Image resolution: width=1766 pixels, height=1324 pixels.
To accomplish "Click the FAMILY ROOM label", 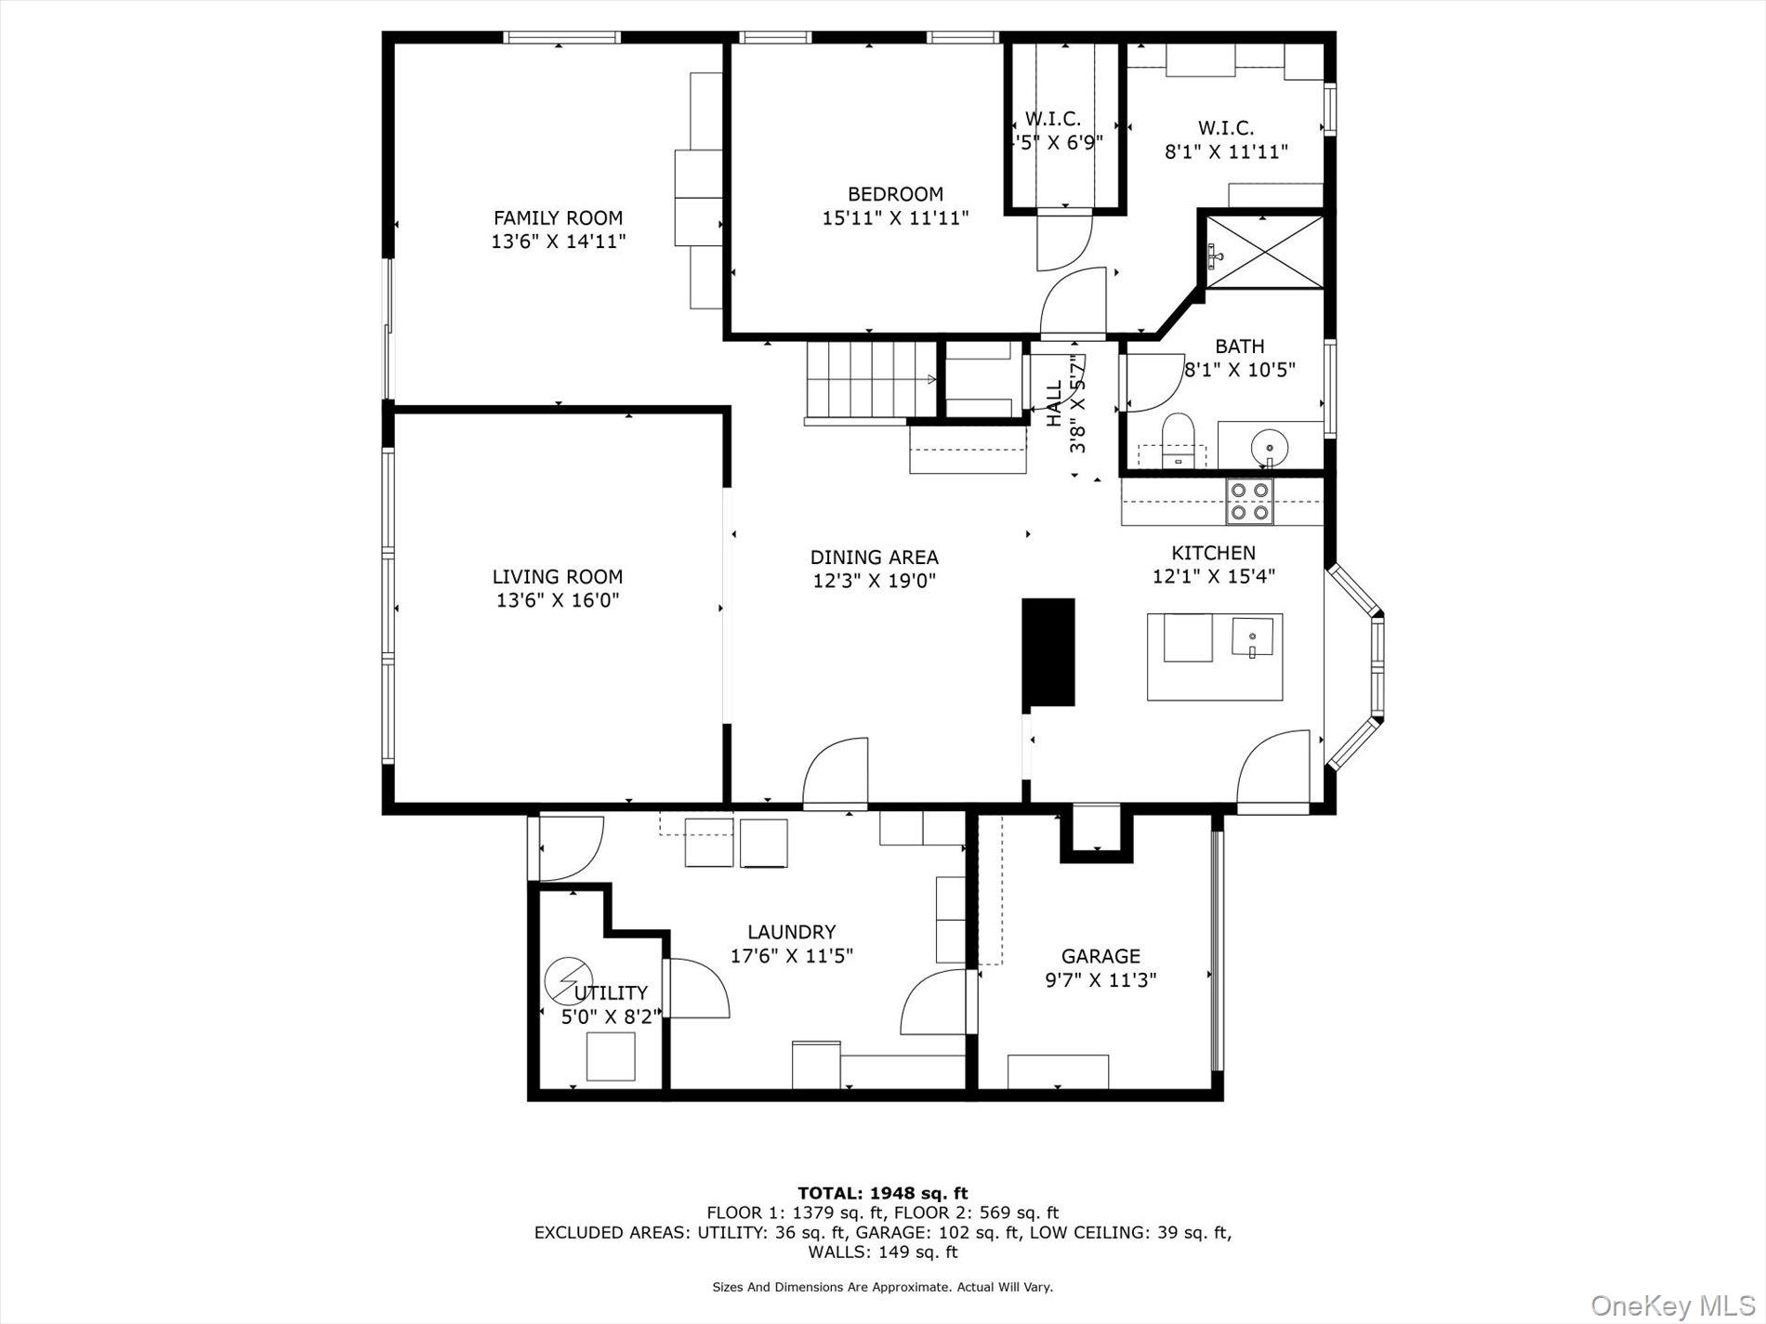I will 558,218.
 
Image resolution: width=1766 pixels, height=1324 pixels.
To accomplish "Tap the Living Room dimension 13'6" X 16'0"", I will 558,600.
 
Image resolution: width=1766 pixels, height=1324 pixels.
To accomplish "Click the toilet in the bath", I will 1178,440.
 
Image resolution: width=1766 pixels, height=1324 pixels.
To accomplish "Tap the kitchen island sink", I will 1253,637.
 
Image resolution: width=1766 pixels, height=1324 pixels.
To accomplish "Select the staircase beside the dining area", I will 870,380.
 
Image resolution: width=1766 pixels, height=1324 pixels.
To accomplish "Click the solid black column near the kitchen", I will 1048,652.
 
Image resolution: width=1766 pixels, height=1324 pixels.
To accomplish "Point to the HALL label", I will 1054,404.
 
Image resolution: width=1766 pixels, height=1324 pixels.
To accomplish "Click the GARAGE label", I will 1100,956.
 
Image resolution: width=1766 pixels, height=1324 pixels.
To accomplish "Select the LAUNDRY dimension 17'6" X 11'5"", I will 791,955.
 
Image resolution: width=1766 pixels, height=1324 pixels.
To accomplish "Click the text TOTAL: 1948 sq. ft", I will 882,1193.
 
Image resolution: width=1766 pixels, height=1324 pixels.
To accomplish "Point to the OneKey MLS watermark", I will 1672,1305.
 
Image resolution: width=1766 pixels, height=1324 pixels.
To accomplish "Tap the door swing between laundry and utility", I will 698,988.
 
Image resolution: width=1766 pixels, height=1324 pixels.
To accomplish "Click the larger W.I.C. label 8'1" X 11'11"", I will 1226,151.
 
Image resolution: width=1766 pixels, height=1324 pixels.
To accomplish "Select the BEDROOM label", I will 895,194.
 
